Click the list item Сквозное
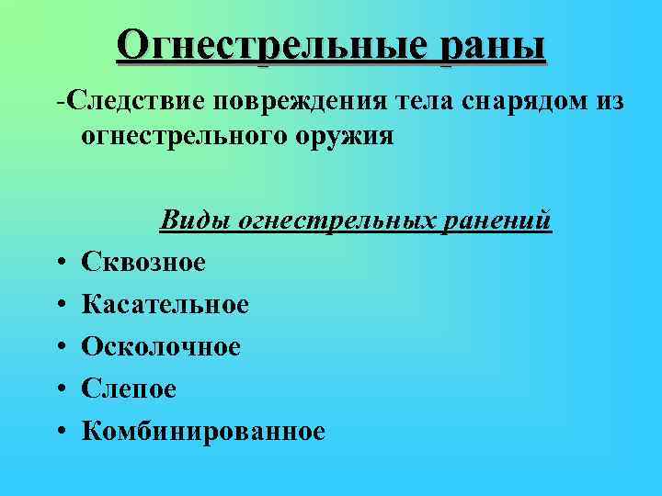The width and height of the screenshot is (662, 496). (143, 263)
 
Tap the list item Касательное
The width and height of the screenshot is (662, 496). (165, 304)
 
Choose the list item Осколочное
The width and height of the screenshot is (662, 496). (161, 346)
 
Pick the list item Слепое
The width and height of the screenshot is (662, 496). (129, 389)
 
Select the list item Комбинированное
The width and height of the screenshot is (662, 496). (203, 431)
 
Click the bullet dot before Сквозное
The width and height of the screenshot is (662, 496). (60, 264)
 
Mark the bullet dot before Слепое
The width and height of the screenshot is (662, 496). (60, 389)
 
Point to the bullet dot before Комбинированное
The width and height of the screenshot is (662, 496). (60, 432)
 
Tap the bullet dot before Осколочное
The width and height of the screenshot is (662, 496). (60, 347)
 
